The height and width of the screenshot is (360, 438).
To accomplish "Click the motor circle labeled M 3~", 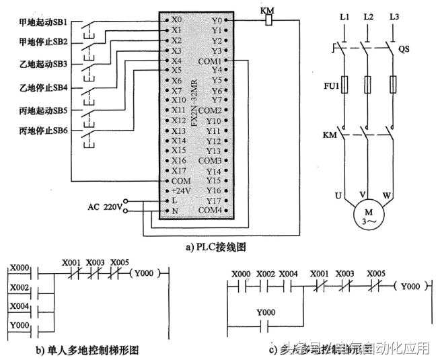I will pyautogui.click(x=367, y=214).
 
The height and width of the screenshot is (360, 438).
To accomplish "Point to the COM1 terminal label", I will pyautogui.click(x=213, y=60).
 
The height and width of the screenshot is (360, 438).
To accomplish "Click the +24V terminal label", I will pyautogui.click(x=180, y=191).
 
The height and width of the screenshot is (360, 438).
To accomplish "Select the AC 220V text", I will pyautogui.click(x=104, y=206).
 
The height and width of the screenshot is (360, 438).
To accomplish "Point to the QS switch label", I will pyautogui.click(x=404, y=48).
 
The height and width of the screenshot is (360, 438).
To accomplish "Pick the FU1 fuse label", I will pyautogui.click(x=328, y=86).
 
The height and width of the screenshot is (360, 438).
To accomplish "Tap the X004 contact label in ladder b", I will pyautogui.click(x=18, y=306).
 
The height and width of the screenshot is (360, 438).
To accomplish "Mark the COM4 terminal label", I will pyautogui.click(x=213, y=211).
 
